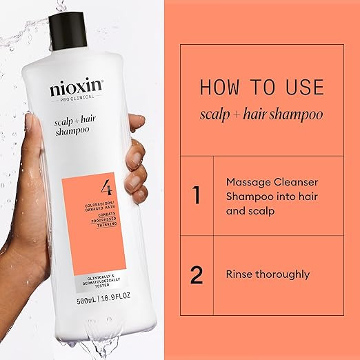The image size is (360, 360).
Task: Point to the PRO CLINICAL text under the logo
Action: click(77, 98)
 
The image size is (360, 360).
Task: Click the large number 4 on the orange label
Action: click(106, 188)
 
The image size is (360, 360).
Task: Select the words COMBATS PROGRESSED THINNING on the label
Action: click(104, 220)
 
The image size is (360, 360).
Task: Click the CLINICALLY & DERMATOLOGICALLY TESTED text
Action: click(101, 281)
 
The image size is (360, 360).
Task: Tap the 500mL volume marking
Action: click(86, 299)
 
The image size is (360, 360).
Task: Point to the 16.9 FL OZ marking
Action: click(116, 297)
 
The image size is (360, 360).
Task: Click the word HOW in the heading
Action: click(219, 87)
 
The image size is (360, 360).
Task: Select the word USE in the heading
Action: click(305, 87)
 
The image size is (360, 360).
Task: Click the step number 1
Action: click(197, 195)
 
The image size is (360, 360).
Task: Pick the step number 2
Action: click(197, 274)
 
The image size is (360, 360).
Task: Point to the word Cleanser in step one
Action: click(296, 182)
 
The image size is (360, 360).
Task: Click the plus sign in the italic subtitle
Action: click(237, 114)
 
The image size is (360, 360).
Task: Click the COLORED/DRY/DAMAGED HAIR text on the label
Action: click(99, 207)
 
